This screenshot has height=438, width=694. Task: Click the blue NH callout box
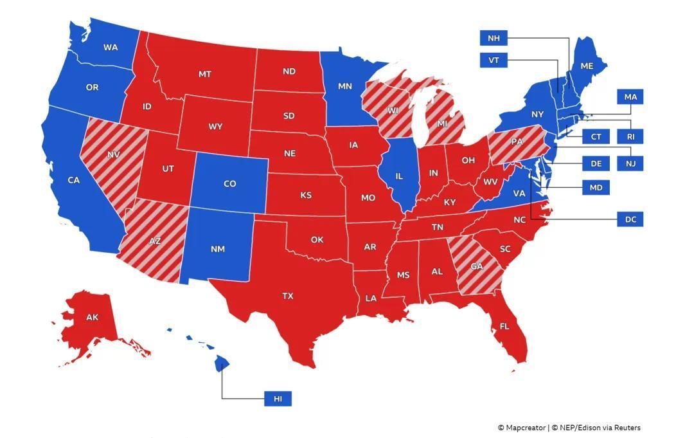coord(493,38)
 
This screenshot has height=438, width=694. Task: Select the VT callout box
coord(493,60)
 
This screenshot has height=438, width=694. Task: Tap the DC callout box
coord(630,219)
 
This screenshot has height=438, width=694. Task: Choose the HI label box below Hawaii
coord(278,399)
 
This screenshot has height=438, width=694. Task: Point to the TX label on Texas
coord(287,296)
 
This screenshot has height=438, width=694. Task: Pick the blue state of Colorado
coord(229,184)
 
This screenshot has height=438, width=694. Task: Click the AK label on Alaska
coord(92,317)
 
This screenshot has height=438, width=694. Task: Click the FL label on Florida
coord(504,327)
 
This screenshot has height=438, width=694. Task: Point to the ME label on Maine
coord(586,66)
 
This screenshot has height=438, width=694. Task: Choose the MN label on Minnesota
coord(344,86)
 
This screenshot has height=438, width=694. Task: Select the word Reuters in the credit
coord(627,428)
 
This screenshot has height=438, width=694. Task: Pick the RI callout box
coord(630,136)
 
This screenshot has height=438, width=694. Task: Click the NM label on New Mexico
coord(217,249)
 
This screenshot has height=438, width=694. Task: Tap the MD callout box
coord(596,187)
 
